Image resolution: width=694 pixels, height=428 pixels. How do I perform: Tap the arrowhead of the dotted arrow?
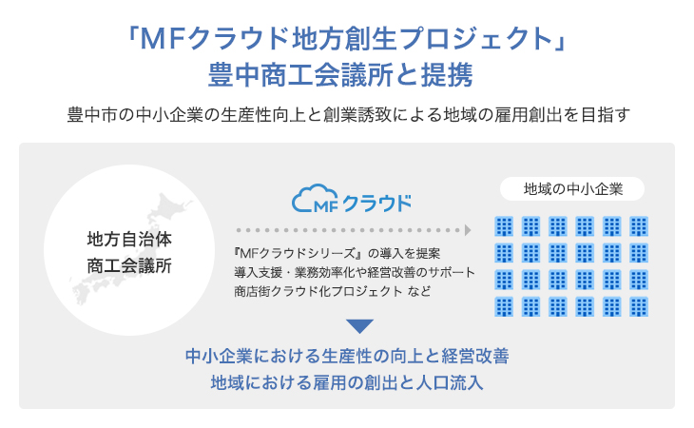click(468, 230)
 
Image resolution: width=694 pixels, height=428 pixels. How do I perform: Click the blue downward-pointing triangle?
click(359, 326)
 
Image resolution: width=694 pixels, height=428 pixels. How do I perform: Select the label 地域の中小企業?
click(572, 189)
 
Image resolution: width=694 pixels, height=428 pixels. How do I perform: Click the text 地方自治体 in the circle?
click(129, 239)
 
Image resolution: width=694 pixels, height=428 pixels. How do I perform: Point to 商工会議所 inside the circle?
click(129, 266)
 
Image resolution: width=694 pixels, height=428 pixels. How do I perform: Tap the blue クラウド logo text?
click(377, 204)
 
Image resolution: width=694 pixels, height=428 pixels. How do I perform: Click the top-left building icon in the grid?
click(504, 226)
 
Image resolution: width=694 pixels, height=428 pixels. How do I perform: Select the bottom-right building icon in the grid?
click(639, 306)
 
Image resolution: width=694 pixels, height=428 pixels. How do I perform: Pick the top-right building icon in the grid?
click(639, 226)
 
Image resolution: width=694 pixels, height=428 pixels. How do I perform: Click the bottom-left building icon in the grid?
click(504, 306)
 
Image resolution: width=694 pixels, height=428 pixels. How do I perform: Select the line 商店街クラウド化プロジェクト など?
click(332, 291)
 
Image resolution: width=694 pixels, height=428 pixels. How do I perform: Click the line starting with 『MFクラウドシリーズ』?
click(337, 253)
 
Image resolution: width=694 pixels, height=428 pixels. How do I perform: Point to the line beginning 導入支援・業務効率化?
click(355, 272)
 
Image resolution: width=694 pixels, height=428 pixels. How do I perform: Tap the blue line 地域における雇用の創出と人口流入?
click(347, 382)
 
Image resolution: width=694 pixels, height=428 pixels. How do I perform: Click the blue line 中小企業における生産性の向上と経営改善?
click(347, 356)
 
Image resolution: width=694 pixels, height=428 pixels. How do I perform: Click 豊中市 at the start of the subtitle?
click(92, 115)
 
